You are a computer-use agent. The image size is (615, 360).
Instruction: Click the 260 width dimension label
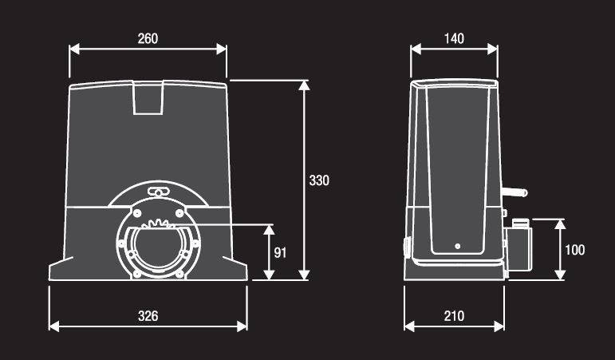(x=148, y=38)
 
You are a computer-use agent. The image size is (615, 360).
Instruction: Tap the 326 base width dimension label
(x=148, y=315)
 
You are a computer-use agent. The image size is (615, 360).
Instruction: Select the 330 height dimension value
(x=319, y=180)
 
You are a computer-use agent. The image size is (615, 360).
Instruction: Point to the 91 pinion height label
(x=280, y=252)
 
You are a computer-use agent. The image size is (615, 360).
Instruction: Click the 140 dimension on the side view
(x=454, y=38)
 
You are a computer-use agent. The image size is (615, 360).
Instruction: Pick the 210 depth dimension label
(x=454, y=315)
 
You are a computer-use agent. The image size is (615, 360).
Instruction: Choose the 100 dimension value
(x=574, y=250)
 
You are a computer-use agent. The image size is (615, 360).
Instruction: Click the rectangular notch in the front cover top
(x=148, y=97)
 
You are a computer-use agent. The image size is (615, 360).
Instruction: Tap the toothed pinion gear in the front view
(x=158, y=224)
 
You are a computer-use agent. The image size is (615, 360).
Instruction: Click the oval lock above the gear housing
(x=158, y=192)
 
